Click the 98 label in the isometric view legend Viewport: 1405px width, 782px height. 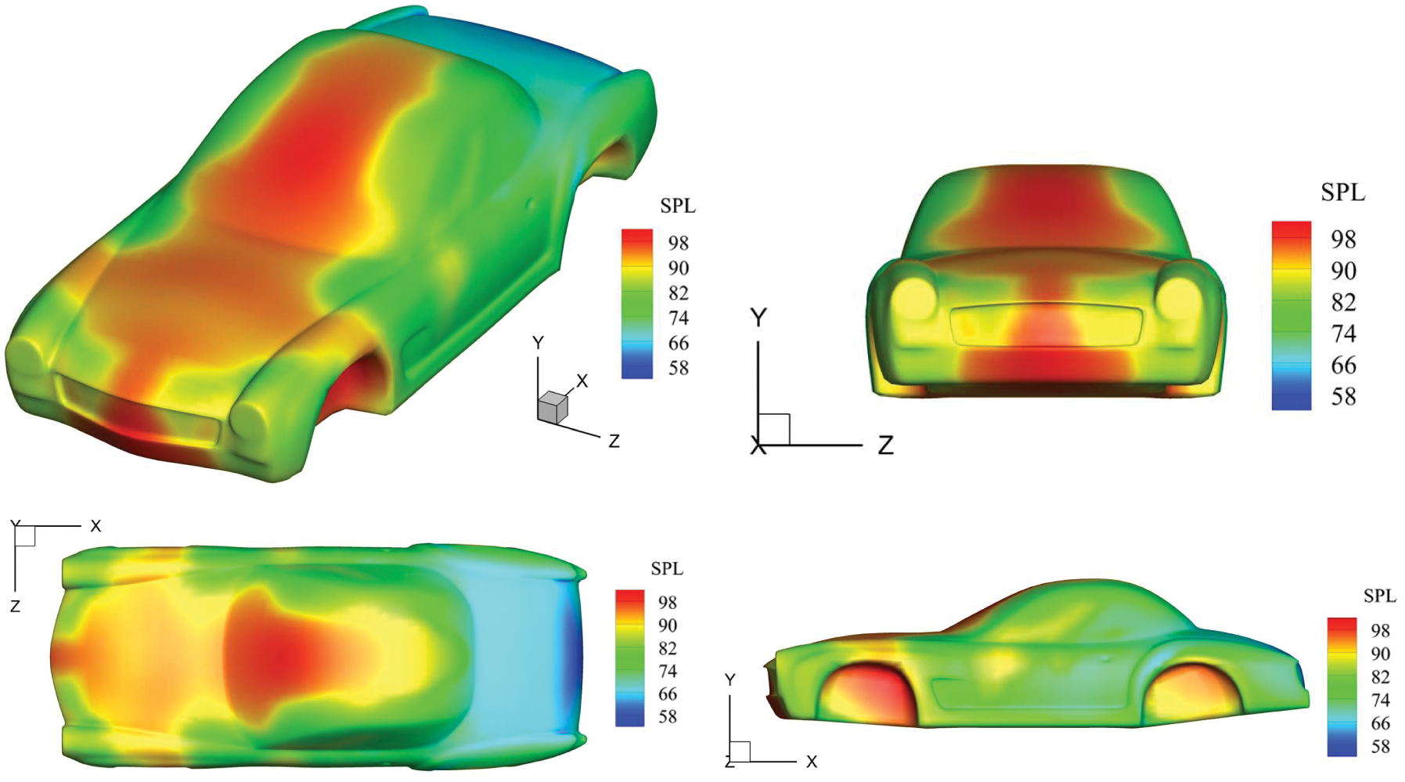point(678,243)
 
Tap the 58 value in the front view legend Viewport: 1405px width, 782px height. point(1343,396)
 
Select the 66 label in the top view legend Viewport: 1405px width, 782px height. point(667,694)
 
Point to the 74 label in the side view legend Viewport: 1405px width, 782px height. point(1380,700)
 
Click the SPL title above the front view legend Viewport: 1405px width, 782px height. point(1342,193)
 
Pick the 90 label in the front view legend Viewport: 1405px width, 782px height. point(1343,271)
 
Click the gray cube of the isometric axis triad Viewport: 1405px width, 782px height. point(552,407)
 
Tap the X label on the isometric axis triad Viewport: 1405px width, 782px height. point(582,381)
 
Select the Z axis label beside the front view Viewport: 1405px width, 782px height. point(885,445)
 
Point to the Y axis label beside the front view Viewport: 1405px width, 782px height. point(758,317)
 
